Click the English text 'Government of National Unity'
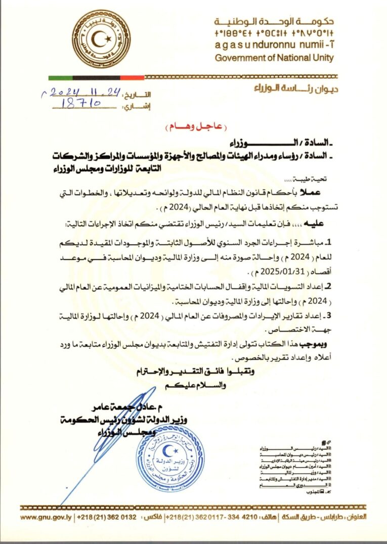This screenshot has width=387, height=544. click(x=274, y=58)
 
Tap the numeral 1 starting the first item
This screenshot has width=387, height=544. click(x=328, y=242)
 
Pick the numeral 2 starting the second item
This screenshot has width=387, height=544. click(x=328, y=286)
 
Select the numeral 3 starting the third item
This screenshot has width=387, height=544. click(x=328, y=316)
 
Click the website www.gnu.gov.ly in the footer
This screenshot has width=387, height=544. click(x=47, y=517)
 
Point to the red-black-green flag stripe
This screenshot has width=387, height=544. click(x=96, y=78)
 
